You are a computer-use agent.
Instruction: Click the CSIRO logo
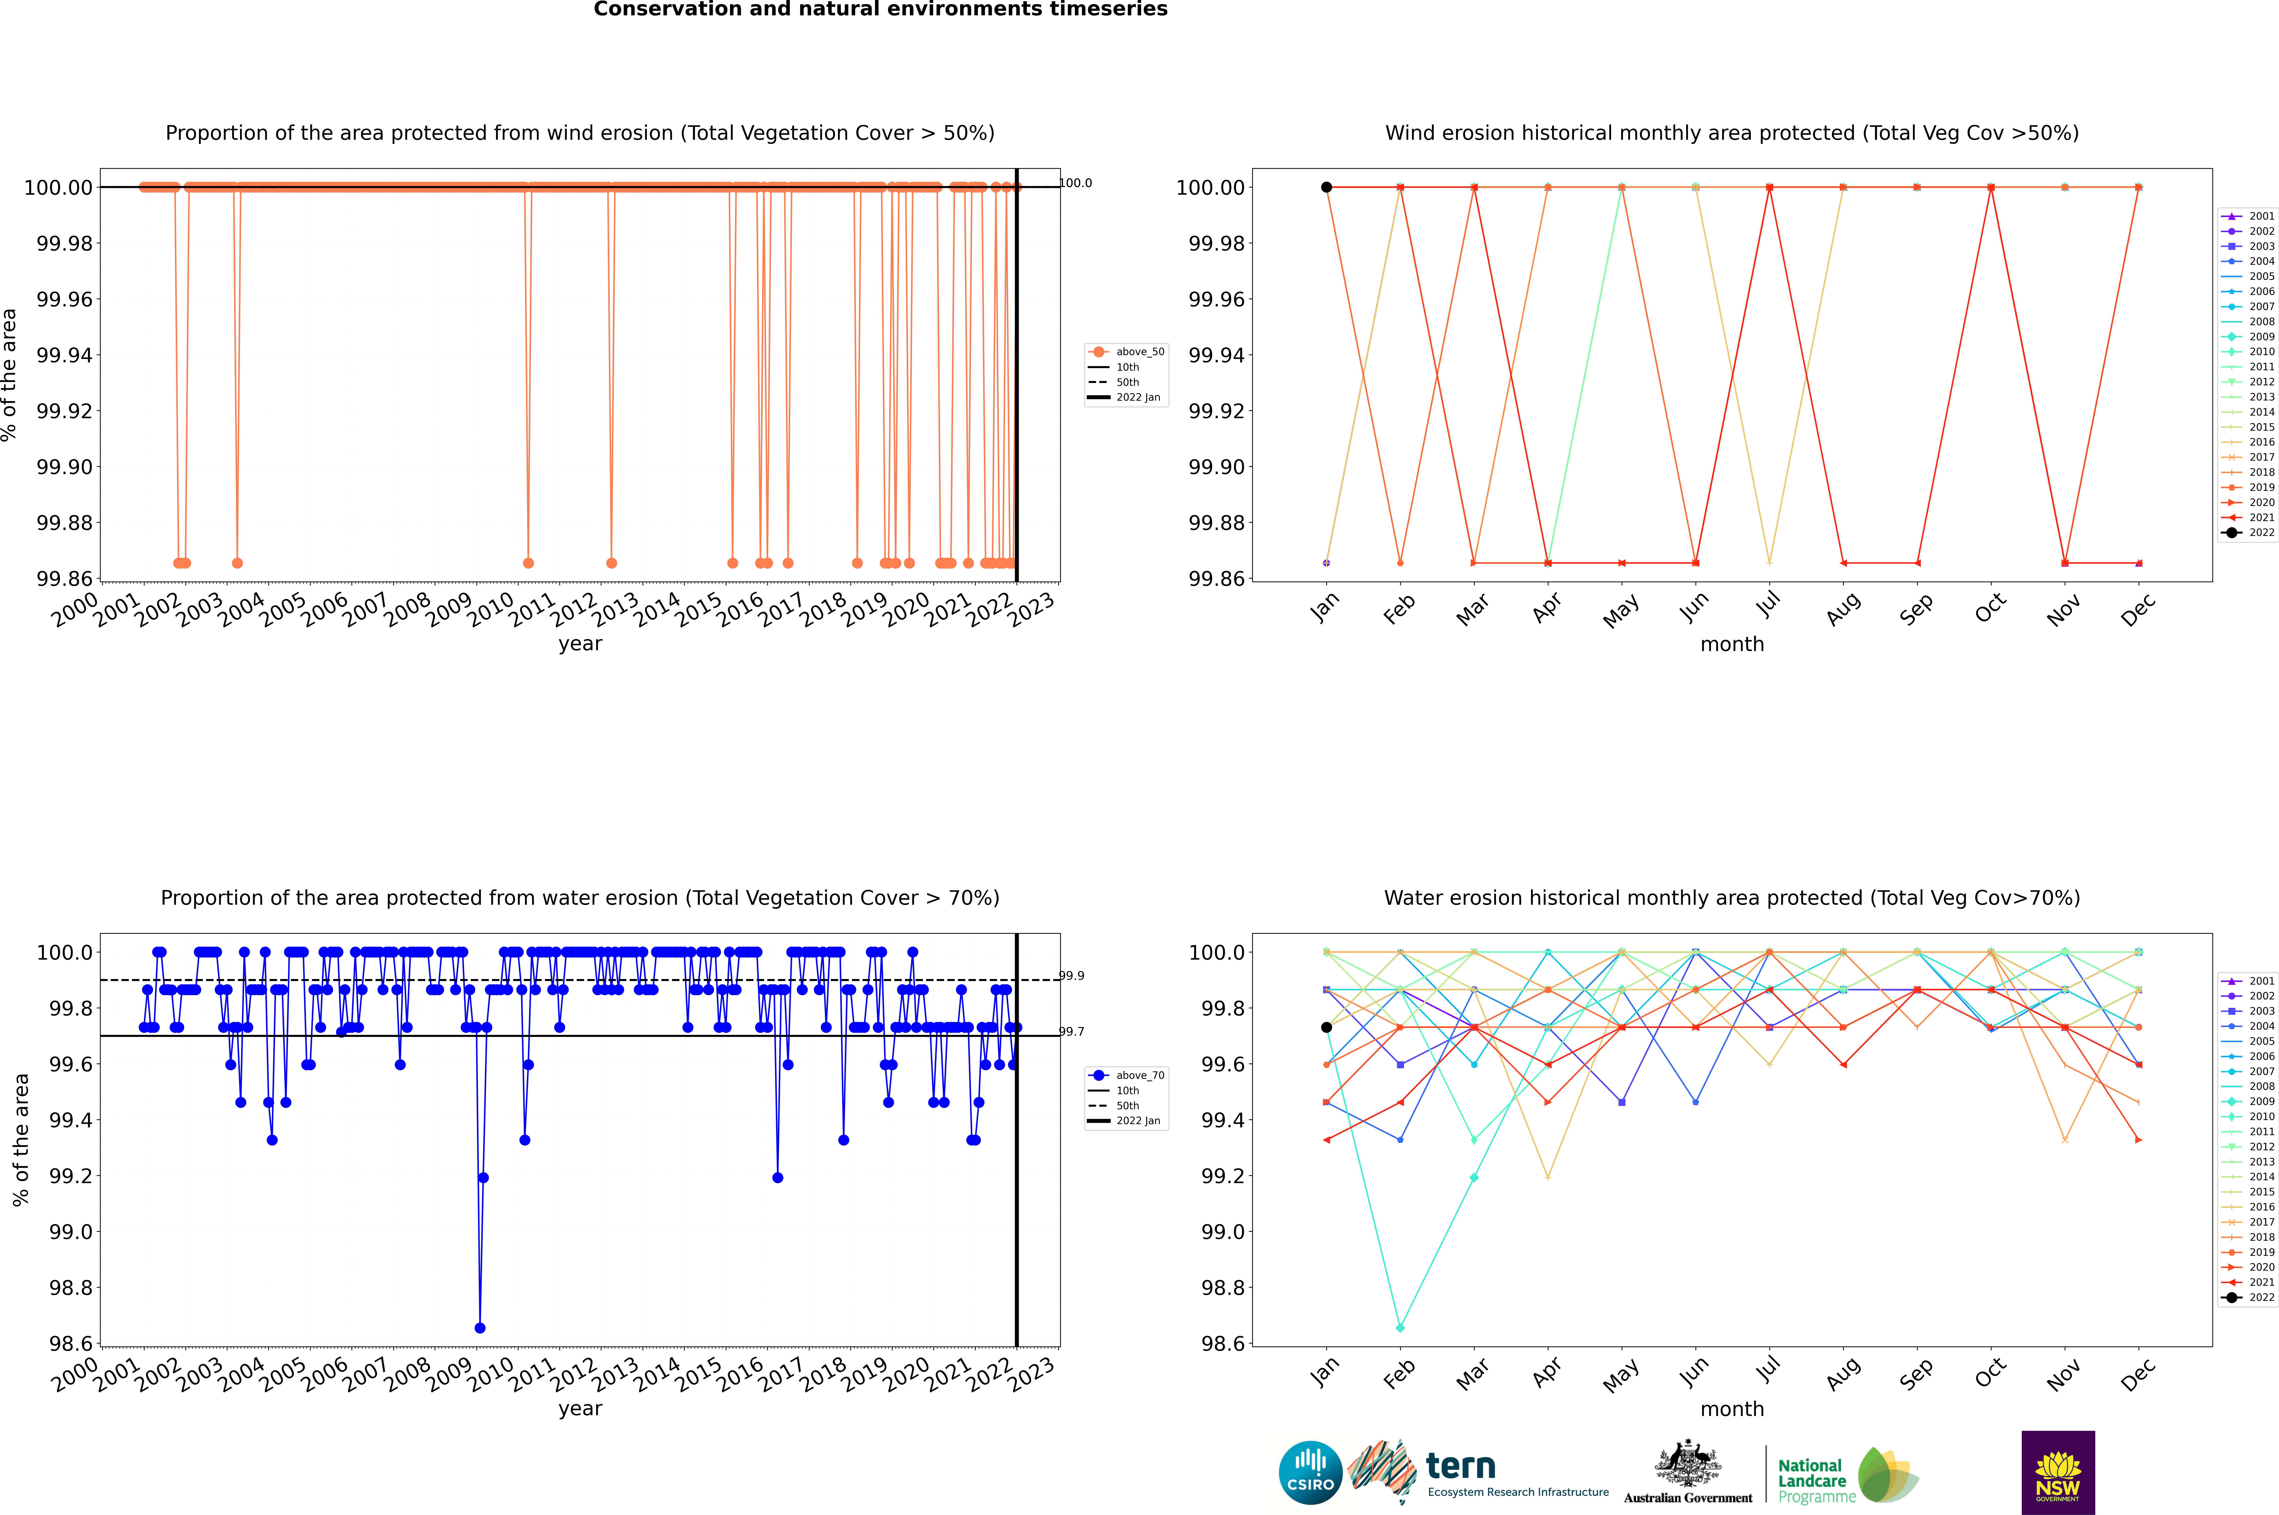tap(1310, 1473)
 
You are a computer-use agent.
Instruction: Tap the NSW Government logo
tap(2058, 1473)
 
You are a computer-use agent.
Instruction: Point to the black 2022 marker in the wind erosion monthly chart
tap(1326, 188)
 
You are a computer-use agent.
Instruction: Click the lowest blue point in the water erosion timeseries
tap(480, 1327)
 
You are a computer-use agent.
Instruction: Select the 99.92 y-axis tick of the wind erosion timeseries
tap(65, 411)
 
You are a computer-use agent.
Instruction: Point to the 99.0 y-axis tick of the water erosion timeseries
tap(70, 1232)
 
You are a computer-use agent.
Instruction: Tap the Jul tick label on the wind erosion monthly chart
tap(1767, 606)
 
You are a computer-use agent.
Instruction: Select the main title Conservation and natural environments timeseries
tap(880, 10)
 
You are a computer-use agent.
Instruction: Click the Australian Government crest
tap(1688, 1465)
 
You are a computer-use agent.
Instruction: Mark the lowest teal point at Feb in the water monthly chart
tap(1400, 1327)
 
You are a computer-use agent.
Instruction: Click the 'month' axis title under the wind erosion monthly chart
tap(1732, 645)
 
